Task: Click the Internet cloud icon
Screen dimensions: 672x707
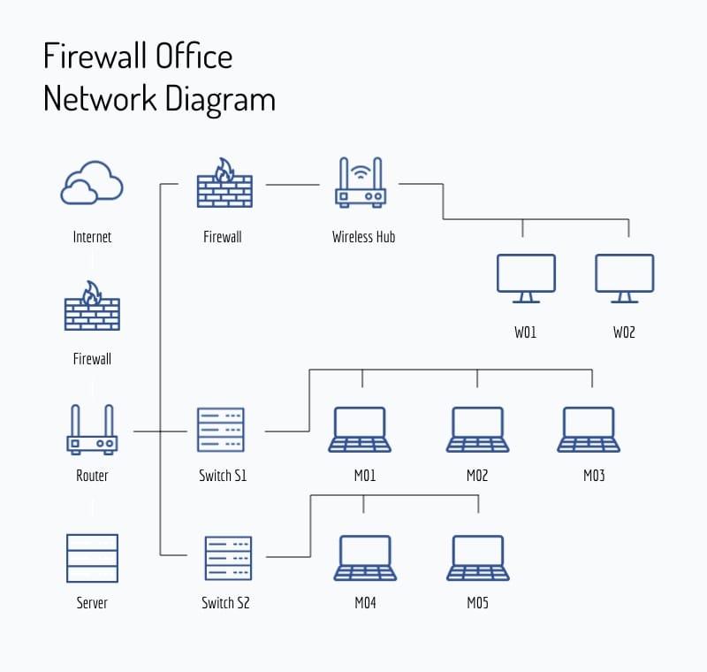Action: pos(92,184)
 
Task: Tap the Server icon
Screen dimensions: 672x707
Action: pos(92,558)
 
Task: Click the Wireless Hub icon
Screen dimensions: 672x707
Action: pos(361,184)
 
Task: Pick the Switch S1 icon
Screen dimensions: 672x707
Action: pos(221,431)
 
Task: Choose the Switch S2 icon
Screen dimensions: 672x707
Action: pos(227,558)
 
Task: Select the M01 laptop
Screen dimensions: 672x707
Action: pos(361,431)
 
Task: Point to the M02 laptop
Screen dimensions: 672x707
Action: pos(477,431)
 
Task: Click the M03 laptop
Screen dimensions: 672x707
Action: pos(589,431)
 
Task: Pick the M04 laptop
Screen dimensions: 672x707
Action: pos(364,558)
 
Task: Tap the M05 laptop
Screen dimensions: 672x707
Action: pos(477,558)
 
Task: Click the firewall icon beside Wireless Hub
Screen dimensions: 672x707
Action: pos(224,184)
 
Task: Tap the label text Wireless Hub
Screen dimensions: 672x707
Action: pos(363,237)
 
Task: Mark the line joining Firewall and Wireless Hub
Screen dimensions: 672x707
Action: pos(293,185)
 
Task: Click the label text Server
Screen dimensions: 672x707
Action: pos(92,603)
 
